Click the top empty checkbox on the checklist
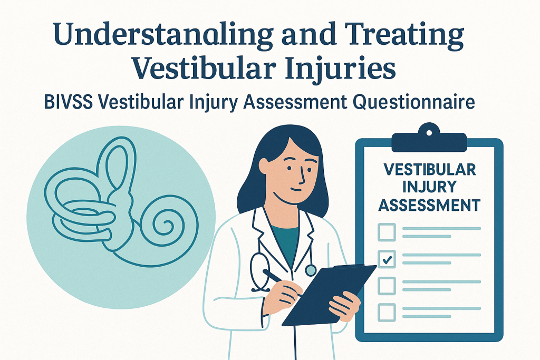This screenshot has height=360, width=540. click(387, 231)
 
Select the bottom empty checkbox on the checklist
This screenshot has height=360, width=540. click(387, 312)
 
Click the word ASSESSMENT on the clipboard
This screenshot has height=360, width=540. click(429, 204)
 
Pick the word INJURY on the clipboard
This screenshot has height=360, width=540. click(429, 187)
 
